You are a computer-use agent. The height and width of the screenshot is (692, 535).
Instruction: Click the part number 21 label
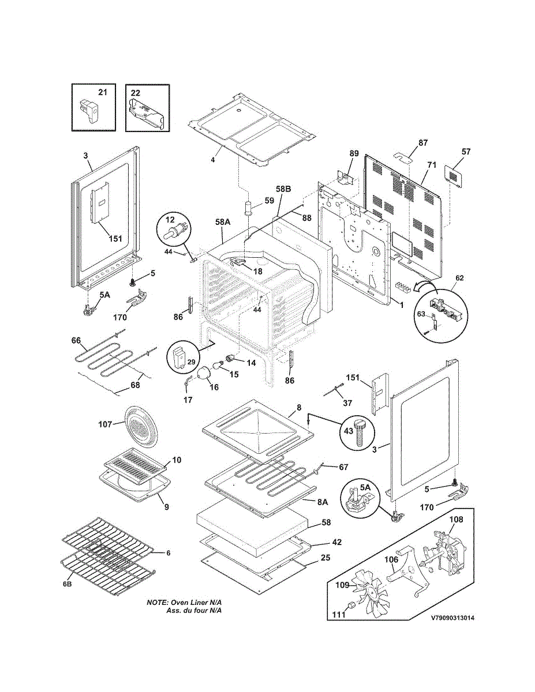pos(102,92)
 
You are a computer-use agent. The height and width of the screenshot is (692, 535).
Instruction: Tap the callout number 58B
pos(283,189)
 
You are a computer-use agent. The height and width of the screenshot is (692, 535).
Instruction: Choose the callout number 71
pos(432,165)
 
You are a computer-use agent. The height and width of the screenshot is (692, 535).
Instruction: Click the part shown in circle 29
pos(179,358)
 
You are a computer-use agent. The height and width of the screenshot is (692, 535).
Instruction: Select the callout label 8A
pos(322,502)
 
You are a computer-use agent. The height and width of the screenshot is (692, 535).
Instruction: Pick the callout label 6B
pos(67,584)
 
